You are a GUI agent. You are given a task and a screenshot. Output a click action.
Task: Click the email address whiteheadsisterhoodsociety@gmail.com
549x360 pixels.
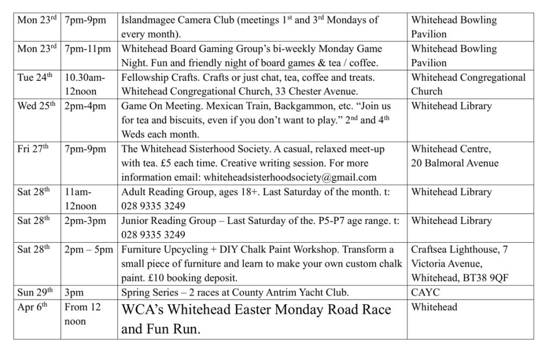point(249,177)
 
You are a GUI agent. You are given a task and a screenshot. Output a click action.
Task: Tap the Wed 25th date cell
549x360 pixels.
point(36,106)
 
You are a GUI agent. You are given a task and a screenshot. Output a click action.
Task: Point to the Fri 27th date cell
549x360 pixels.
point(33,148)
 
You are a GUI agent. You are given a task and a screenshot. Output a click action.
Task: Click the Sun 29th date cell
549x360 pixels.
point(35,292)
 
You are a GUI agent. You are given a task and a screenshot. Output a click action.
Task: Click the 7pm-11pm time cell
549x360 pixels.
point(87,49)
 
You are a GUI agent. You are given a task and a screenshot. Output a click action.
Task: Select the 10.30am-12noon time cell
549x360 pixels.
point(85,84)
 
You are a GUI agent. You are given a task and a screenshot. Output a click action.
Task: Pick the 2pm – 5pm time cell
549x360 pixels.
point(88,249)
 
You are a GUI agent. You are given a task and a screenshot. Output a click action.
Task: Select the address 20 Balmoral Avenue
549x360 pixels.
point(455,163)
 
